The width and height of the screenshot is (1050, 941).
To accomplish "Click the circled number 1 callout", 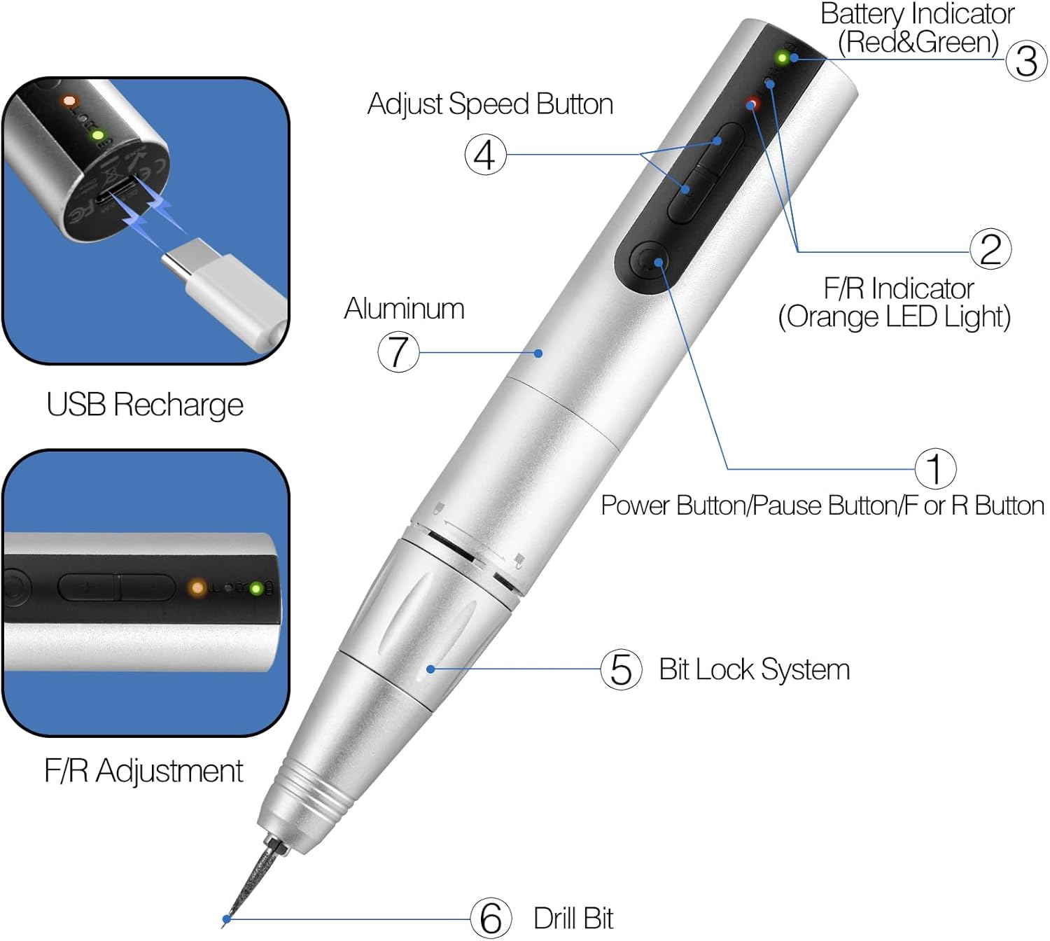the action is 934,468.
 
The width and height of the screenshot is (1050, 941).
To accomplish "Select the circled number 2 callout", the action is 990,249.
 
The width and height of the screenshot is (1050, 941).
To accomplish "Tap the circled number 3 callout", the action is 1025,61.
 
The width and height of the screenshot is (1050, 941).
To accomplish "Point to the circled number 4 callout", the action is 485,154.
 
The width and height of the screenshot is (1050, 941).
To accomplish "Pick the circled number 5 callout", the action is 620,669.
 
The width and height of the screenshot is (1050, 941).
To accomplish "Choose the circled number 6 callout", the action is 490,918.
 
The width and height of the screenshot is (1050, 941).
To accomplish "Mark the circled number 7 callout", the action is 398,351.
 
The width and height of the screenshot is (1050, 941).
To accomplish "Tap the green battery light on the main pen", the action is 782,57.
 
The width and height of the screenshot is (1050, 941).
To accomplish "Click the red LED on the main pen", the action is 752,104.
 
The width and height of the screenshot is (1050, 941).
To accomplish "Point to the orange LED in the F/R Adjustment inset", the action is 197,588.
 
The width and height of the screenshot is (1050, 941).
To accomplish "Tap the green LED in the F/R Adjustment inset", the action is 255,589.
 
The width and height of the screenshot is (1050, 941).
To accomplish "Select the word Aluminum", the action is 404,309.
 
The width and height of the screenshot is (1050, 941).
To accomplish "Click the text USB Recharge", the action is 145,405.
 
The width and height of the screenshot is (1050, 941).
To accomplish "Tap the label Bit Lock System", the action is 754,669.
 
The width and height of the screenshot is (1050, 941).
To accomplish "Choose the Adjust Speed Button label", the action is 490,104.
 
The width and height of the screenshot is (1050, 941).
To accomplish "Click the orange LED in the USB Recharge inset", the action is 69,101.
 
